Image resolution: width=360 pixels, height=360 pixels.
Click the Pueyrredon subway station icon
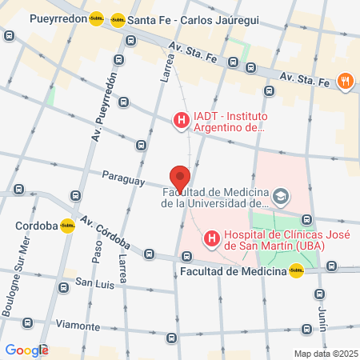[x=97, y=18]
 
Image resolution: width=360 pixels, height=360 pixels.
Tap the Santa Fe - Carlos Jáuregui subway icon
[x=118, y=19]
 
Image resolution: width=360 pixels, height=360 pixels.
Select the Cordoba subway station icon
[x=68, y=226]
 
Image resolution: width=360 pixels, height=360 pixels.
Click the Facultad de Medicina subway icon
[x=297, y=271]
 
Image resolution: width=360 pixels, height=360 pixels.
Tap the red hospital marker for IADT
[x=181, y=122]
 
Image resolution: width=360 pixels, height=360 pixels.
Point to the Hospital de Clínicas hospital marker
[x=212, y=238]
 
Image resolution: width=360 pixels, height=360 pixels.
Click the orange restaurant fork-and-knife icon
[x=346, y=80]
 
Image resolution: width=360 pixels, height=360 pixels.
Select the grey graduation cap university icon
[x=281, y=196]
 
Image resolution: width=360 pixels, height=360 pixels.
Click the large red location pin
[x=180, y=178]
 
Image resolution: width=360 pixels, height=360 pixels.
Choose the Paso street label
[x=97, y=253]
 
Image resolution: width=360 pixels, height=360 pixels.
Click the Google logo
[x=26, y=350]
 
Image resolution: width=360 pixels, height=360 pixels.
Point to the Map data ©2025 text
[x=324, y=353]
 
